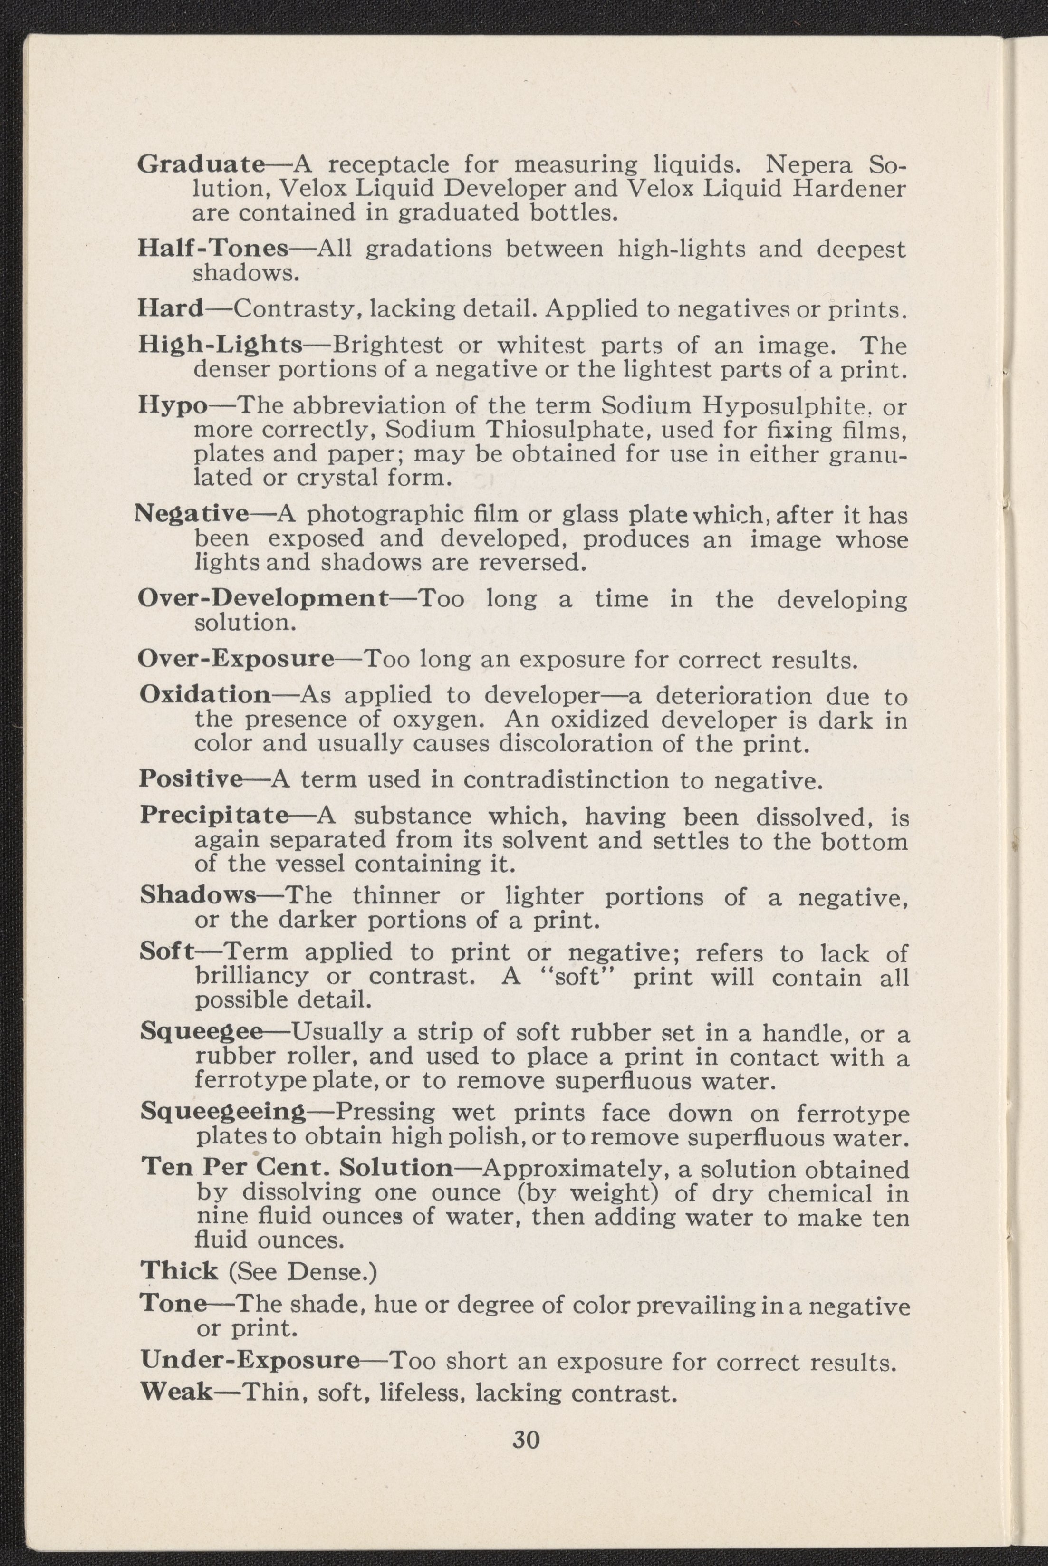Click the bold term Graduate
pyautogui.click(x=201, y=164)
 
